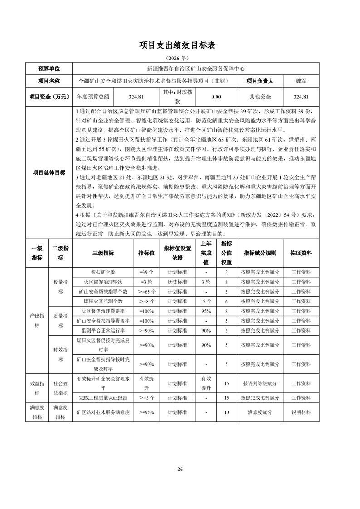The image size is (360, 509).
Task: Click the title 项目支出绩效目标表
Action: pyautogui.click(x=180, y=45)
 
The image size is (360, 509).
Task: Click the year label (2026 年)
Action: pyautogui.click(x=180, y=59)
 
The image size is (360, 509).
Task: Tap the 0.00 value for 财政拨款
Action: pyautogui.click(x=216, y=97)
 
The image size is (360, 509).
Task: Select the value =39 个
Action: pyautogui.click(x=147, y=272)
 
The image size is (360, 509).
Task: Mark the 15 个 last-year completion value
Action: pyautogui.click(x=206, y=301)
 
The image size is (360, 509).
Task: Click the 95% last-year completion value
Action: pyautogui.click(x=206, y=311)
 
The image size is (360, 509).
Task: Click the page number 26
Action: pyautogui.click(x=180, y=469)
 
